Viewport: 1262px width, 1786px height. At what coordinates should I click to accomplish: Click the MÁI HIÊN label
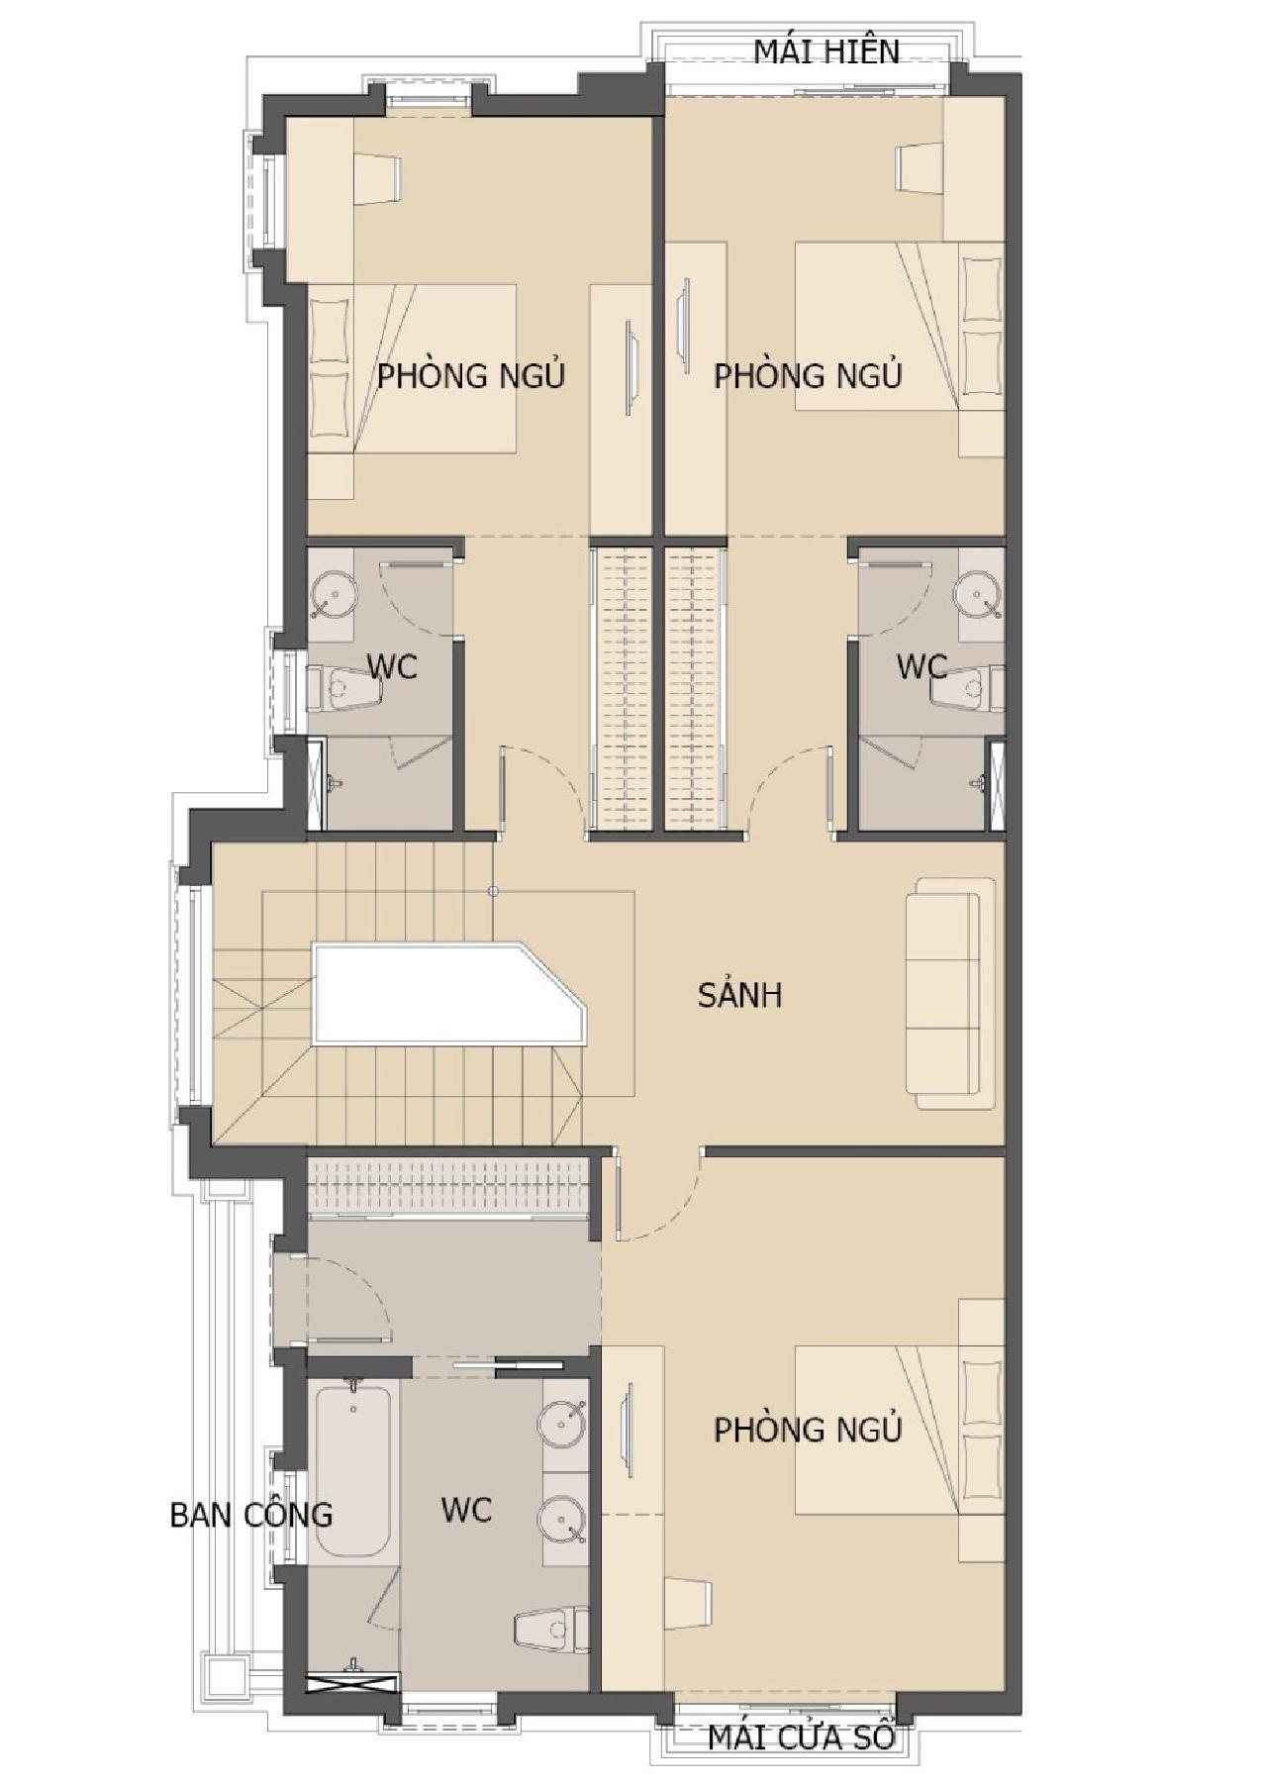coord(826,50)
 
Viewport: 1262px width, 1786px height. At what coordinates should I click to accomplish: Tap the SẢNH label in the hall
coord(739,994)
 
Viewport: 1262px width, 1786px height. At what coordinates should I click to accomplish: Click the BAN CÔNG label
coord(251,1515)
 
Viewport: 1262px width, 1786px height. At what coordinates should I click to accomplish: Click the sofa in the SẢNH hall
coord(950,993)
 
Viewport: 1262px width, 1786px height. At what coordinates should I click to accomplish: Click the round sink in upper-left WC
coord(334,596)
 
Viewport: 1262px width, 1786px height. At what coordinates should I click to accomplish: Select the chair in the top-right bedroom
coord(920,168)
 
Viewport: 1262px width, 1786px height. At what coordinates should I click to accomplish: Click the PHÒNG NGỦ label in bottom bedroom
coord(808,1430)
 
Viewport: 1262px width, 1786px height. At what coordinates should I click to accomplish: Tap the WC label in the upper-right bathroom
coord(921,666)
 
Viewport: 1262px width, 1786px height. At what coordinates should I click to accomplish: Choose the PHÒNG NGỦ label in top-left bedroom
coord(471,376)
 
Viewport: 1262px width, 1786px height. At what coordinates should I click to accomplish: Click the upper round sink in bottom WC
coord(562,1425)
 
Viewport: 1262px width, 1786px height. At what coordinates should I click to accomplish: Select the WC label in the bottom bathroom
coord(466,1510)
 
